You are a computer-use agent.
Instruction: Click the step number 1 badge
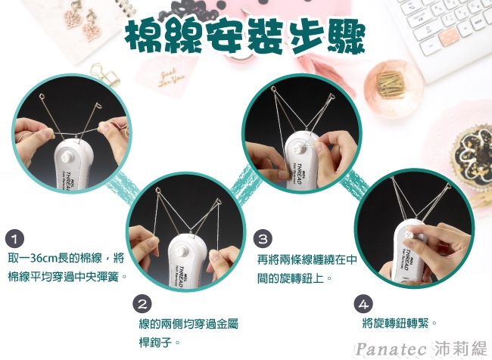pos(14,239)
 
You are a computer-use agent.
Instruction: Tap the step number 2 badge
pos(142,304)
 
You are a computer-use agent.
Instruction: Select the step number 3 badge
pos(263,239)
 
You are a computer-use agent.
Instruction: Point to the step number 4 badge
pos(363,304)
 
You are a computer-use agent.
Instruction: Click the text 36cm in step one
pos(42,258)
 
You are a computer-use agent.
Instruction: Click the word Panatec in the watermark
pos(391,349)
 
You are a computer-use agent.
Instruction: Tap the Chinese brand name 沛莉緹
pos(461,348)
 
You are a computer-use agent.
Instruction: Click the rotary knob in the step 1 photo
pos(67,157)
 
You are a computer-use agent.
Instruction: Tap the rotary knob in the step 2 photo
pos(182,251)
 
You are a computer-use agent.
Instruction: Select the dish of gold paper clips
pos(394,85)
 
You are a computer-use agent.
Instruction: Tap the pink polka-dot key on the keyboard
pos(449,35)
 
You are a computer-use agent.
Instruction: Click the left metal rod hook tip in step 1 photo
pos(42,95)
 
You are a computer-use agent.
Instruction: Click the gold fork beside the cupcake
pos(481,200)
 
